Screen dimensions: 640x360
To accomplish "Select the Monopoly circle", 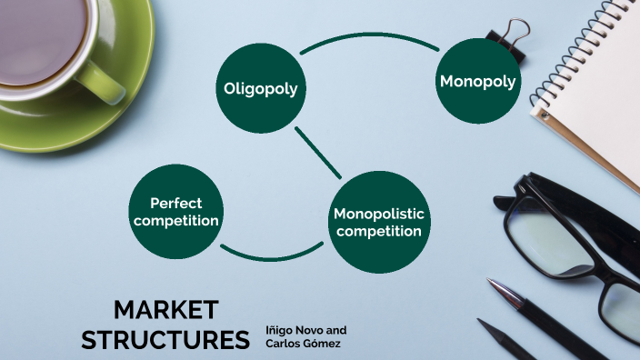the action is pyautogui.click(x=478, y=82).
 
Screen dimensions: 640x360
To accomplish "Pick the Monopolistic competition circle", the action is pyautogui.click(x=377, y=223).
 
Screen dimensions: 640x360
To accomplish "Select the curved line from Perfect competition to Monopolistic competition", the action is pyautogui.click(x=269, y=256).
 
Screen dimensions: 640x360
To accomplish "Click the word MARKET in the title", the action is pyautogui.click(x=165, y=309).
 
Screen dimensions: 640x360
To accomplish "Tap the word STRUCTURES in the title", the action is pyautogui.click(x=165, y=339).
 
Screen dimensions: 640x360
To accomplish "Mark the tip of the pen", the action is pyautogui.click(x=492, y=285).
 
